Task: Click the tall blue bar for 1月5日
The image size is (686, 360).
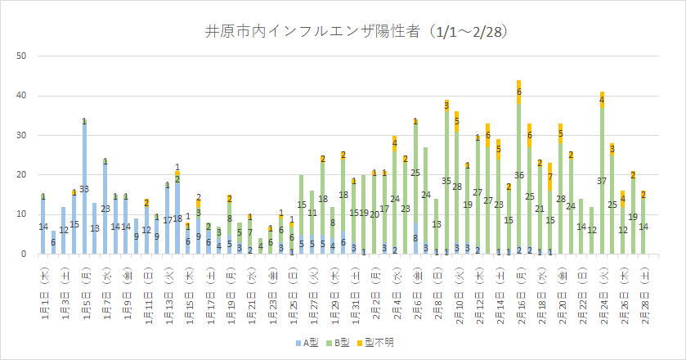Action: click(84, 188)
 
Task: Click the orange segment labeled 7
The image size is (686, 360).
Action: click(550, 176)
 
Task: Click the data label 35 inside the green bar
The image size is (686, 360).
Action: click(446, 181)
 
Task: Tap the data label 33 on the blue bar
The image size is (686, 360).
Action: click(84, 189)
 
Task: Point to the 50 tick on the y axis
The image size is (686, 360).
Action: click(23, 56)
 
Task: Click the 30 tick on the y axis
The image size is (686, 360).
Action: click(23, 135)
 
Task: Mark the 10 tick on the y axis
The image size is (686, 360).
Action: click(23, 214)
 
